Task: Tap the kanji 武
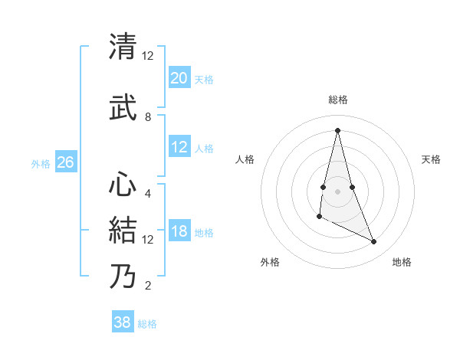click(x=123, y=107)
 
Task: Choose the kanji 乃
click(x=123, y=276)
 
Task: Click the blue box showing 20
click(x=179, y=78)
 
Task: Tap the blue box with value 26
click(x=66, y=162)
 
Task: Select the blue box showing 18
click(x=179, y=232)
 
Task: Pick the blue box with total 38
click(x=123, y=322)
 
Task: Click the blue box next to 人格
click(x=179, y=148)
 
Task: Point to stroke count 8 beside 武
click(x=148, y=117)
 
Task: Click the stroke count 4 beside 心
click(x=148, y=194)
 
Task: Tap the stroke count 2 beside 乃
click(x=148, y=286)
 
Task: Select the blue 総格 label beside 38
click(x=147, y=324)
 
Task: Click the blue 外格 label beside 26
click(x=41, y=163)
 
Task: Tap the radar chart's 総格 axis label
click(x=338, y=100)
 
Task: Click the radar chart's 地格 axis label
click(x=402, y=262)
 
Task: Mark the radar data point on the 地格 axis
click(x=374, y=242)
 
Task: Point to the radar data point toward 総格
click(x=337, y=129)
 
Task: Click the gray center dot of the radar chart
click(x=337, y=191)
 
